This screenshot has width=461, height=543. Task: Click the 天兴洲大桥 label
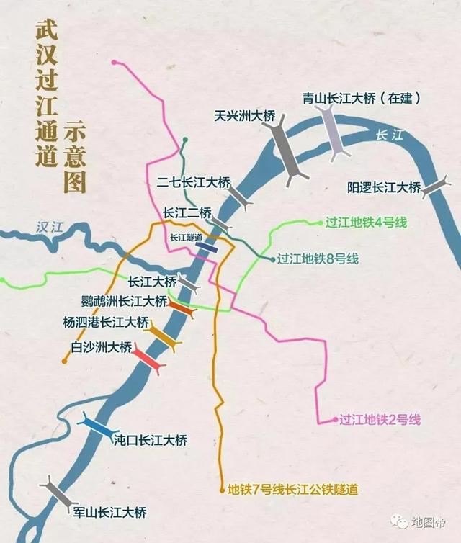point(244,115)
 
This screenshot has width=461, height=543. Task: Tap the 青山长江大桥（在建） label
point(362,97)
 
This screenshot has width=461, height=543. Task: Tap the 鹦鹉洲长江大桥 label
point(123,300)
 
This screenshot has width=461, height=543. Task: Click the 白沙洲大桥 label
point(102,347)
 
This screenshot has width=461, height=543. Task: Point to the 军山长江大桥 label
point(109,513)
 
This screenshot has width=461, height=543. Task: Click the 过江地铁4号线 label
point(366,222)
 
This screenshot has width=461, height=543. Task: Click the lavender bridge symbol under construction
point(332,133)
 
